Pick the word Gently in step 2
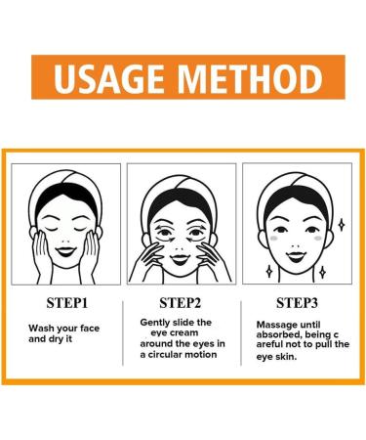[x=159, y=322]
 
